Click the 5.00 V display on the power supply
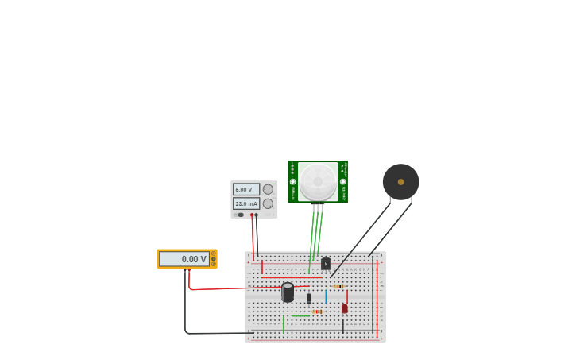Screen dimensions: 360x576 coord(245,189)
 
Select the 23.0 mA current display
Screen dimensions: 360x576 coord(245,203)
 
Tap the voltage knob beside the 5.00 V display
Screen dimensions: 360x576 coord(268,189)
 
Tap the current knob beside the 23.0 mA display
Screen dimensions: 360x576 coord(268,203)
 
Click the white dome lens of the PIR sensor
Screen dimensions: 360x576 coord(318,181)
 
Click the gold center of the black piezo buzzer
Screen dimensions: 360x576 coord(400,182)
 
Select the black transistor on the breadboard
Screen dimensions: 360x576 coord(326,264)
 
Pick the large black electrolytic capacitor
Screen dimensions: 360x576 coord(288,292)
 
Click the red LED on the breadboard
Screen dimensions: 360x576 coord(344,308)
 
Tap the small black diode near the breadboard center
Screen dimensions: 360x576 coord(309,299)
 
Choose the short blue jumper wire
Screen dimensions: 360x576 coord(326,296)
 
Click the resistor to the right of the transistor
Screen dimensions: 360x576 coord(338,286)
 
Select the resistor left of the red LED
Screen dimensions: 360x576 coord(318,312)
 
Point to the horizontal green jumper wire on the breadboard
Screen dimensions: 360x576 coord(300,316)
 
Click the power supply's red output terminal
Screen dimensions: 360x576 coord(252,215)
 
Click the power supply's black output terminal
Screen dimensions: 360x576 coord(256,215)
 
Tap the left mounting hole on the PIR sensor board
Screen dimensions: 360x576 coord(292,181)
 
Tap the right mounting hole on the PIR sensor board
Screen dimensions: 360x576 coord(343,181)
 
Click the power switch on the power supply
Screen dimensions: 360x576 coord(239,215)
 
